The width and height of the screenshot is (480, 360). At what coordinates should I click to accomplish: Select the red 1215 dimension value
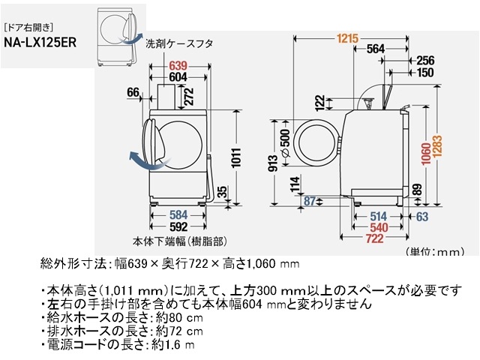click(346, 38)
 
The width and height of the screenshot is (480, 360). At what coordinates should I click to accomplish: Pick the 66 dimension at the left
click(133, 92)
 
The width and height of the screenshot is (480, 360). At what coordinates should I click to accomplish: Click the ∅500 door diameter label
click(285, 143)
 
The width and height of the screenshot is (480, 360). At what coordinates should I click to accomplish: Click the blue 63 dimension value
click(421, 217)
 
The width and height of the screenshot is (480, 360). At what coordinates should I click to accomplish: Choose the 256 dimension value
click(424, 61)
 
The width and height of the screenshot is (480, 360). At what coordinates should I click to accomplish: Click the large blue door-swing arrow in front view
click(142, 157)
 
